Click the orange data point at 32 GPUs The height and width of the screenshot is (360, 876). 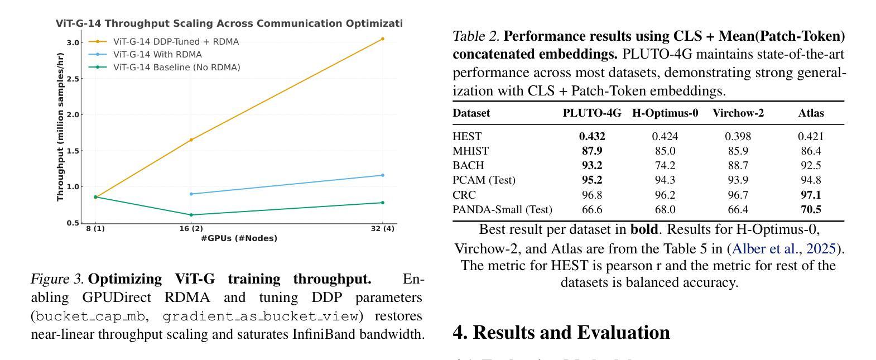[x=382, y=39]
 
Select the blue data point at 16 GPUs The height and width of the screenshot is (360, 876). [x=191, y=194]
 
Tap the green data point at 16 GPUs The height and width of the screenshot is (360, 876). [x=191, y=215]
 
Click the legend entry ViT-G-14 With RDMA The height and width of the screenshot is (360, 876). [x=157, y=55]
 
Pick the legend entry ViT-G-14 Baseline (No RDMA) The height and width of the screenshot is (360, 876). [x=176, y=68]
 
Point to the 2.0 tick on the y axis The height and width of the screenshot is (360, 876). [x=73, y=115]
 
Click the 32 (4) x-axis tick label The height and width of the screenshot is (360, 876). [x=382, y=229]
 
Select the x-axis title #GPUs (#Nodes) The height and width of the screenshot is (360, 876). [x=239, y=238]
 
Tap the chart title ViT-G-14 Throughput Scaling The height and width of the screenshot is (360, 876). [x=229, y=23]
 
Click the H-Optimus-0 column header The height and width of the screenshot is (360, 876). [x=665, y=113]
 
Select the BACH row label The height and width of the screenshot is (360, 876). [x=468, y=166]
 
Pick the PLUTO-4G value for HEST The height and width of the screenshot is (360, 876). [x=591, y=136]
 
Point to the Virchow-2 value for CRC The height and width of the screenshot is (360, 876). [x=738, y=195]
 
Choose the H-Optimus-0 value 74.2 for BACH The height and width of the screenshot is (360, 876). [x=665, y=166]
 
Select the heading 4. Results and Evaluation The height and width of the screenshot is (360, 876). [x=561, y=333]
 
